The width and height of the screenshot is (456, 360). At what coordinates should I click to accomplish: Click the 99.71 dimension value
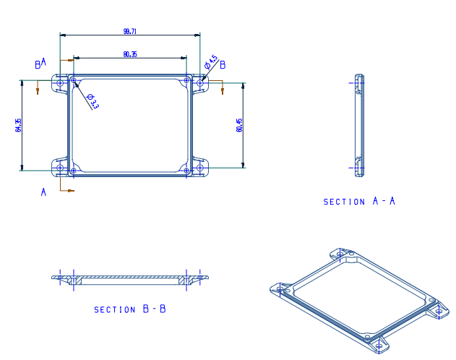(x=129, y=31)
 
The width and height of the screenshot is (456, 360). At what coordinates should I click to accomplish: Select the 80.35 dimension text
(x=129, y=54)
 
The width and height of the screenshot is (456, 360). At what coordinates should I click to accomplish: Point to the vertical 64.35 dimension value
(x=18, y=125)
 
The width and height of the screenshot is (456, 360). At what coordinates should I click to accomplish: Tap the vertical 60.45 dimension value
(x=239, y=125)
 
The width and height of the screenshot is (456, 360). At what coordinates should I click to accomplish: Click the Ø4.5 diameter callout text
(x=211, y=62)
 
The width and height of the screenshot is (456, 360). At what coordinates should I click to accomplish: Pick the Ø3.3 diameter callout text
(x=93, y=101)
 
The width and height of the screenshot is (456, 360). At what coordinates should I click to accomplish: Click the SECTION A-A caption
(x=359, y=201)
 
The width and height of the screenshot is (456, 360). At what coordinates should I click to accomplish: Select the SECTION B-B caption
(x=129, y=309)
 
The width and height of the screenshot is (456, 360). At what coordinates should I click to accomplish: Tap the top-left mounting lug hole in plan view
(x=60, y=83)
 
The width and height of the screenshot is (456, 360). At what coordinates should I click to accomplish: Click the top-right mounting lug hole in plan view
(x=200, y=83)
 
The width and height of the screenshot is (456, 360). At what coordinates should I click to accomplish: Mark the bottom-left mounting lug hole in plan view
(x=60, y=168)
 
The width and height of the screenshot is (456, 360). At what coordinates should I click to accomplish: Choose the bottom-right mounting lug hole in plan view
(x=200, y=168)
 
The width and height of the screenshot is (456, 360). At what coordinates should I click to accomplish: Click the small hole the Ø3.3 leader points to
(x=74, y=80)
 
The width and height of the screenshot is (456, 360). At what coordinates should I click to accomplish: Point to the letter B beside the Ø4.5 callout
(x=223, y=65)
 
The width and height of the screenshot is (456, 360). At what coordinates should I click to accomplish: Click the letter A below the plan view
(x=43, y=192)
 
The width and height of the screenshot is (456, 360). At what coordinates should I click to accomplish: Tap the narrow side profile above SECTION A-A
(x=359, y=126)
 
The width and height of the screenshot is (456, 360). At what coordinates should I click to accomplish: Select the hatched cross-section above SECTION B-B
(x=130, y=280)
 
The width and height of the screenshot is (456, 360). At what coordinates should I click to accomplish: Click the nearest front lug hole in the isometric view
(x=379, y=346)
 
